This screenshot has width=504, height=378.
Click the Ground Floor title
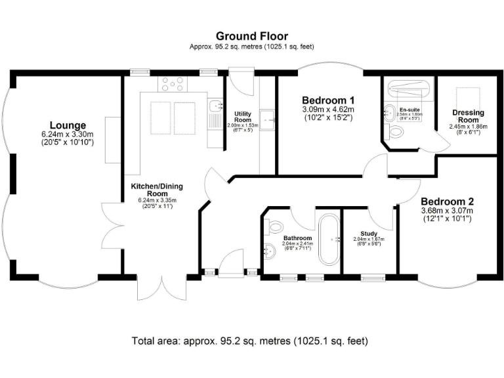252,36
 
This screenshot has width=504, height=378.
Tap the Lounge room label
68,125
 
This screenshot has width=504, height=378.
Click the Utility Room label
243,117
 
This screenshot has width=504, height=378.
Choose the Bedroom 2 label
447,201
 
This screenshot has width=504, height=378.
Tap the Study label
369,233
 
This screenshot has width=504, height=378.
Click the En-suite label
408,110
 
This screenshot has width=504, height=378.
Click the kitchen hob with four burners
172,83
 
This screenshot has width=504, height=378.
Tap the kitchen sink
214,108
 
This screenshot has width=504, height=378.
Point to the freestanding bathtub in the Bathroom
328,240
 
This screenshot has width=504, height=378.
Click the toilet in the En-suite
396,132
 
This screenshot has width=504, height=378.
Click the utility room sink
267,118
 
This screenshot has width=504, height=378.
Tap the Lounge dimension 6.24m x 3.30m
68,134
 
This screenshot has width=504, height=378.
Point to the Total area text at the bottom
252,341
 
